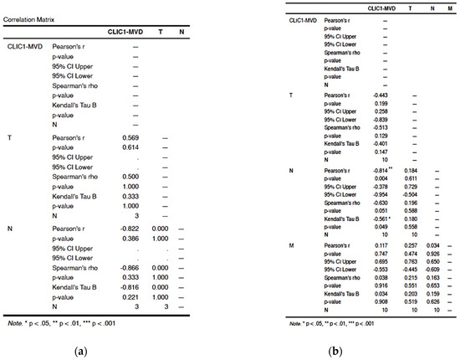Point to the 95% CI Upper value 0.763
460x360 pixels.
pos(411,260)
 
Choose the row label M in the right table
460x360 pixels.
pos(290,245)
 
